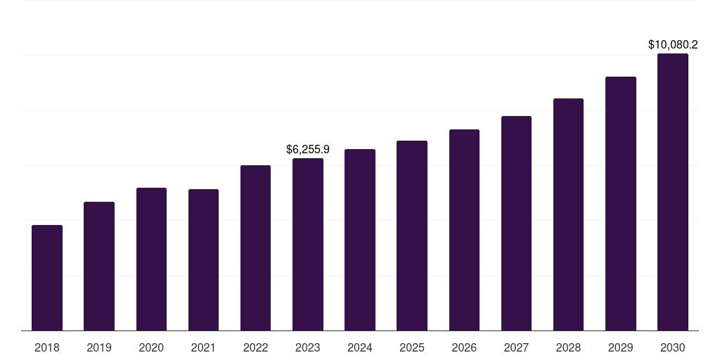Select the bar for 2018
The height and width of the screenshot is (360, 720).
click(x=47, y=278)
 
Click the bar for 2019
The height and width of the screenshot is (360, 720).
click(x=99, y=266)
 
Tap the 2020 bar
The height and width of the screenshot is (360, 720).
click(x=151, y=259)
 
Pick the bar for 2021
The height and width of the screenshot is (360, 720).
click(x=203, y=260)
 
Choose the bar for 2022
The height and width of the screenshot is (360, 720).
click(x=255, y=248)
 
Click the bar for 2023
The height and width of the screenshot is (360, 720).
click(x=308, y=244)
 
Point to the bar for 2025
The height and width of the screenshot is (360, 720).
click(x=412, y=236)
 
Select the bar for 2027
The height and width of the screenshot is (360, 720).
click(x=516, y=223)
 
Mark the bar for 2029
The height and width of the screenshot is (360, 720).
click(x=621, y=203)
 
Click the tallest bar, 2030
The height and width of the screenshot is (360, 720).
click(x=673, y=192)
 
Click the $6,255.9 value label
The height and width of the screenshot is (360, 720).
click(x=308, y=149)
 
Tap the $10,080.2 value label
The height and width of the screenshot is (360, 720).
click(x=673, y=44)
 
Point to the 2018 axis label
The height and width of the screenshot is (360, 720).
click(x=47, y=347)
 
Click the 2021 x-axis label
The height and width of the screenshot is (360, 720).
click(x=203, y=347)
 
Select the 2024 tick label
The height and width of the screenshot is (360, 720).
click(x=360, y=347)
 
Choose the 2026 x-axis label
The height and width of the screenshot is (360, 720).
click(x=464, y=347)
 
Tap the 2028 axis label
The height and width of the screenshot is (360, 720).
click(x=568, y=347)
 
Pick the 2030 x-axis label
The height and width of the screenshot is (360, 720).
click(x=673, y=347)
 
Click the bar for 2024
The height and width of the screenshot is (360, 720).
click(x=360, y=240)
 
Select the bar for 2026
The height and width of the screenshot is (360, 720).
click(x=464, y=230)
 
